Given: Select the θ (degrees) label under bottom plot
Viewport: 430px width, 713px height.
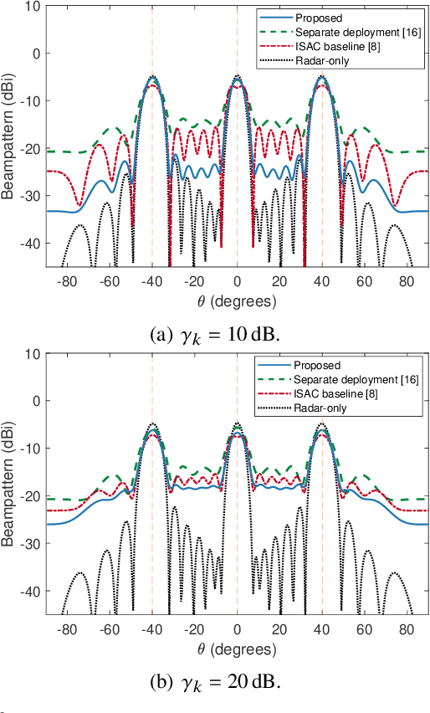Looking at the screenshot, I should [x=238, y=647].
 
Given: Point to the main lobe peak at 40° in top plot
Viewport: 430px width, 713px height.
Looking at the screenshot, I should [x=322, y=76].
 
